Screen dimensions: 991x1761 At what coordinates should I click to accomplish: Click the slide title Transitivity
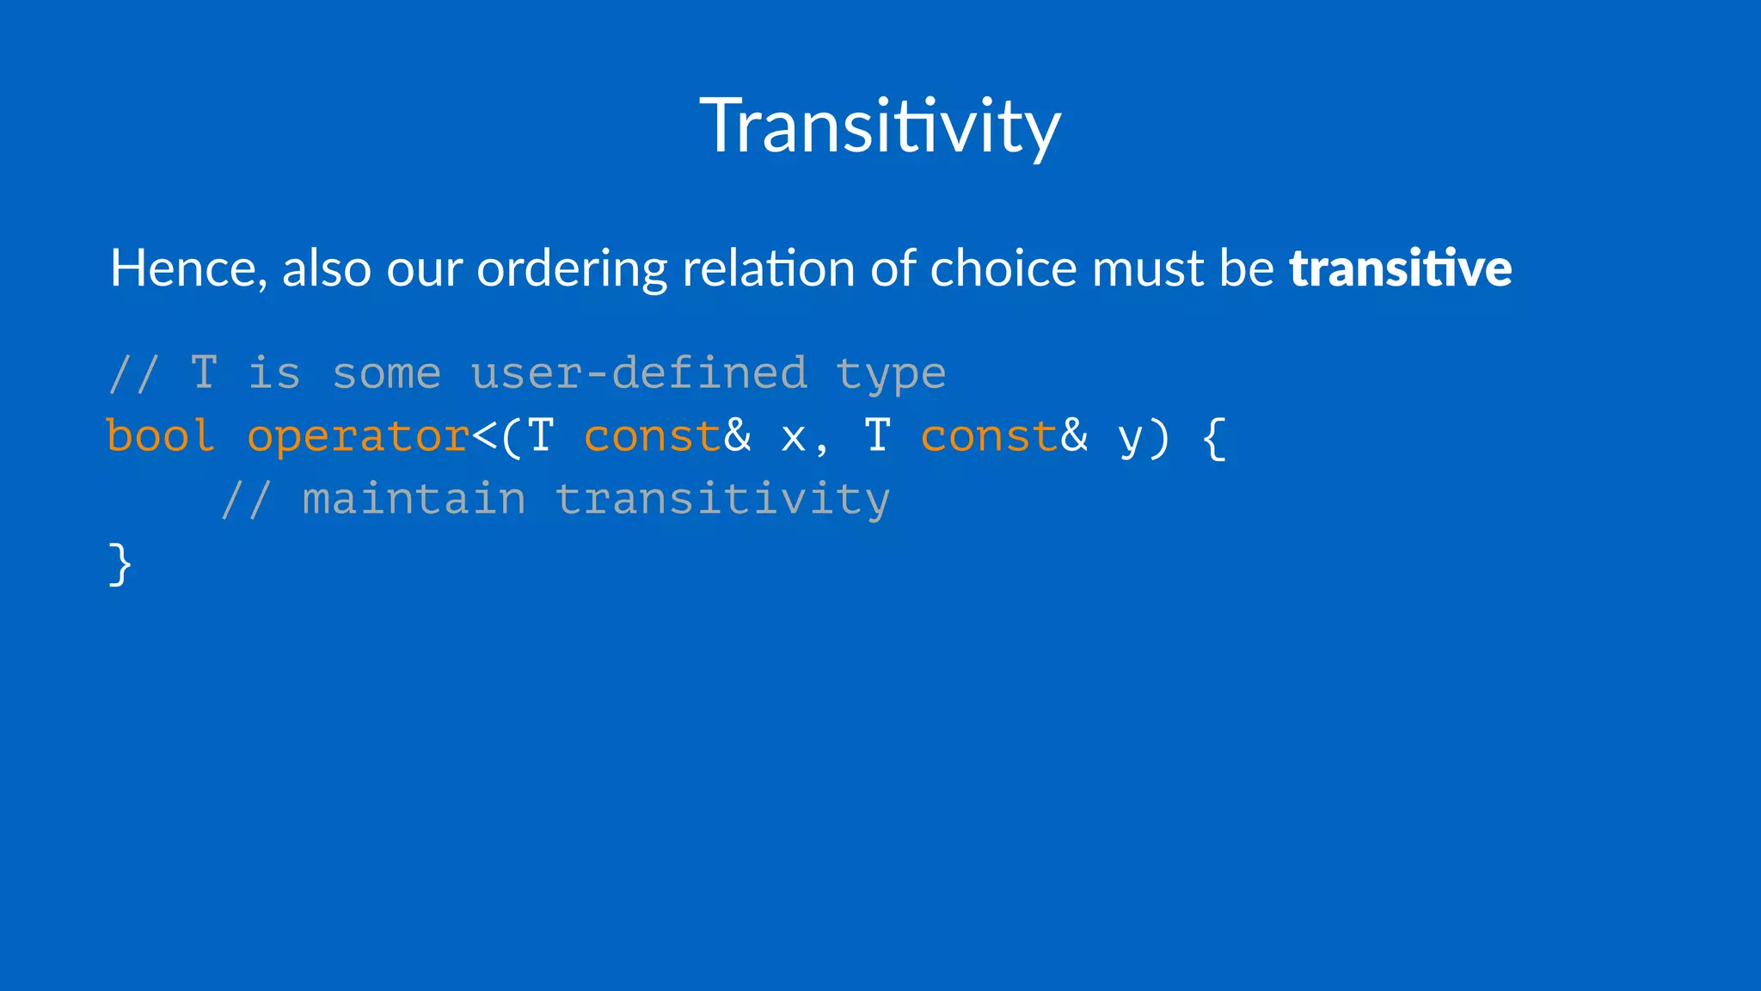(x=880, y=126)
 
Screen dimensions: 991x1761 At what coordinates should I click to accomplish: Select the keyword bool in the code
(x=160, y=436)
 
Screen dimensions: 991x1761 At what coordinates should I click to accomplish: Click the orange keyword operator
(x=358, y=437)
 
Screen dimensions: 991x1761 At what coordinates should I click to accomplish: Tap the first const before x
(x=652, y=436)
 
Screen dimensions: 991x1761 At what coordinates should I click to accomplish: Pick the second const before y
(x=989, y=436)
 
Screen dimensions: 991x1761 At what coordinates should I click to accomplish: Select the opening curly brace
(x=1213, y=438)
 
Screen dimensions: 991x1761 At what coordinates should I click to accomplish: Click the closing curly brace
(x=120, y=564)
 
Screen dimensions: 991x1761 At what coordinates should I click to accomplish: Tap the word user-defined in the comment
(x=639, y=373)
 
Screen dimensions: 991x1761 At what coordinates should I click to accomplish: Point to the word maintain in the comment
(x=414, y=500)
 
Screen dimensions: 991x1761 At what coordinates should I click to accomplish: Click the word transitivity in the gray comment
(x=722, y=500)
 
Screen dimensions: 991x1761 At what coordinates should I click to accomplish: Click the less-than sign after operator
(x=484, y=437)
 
